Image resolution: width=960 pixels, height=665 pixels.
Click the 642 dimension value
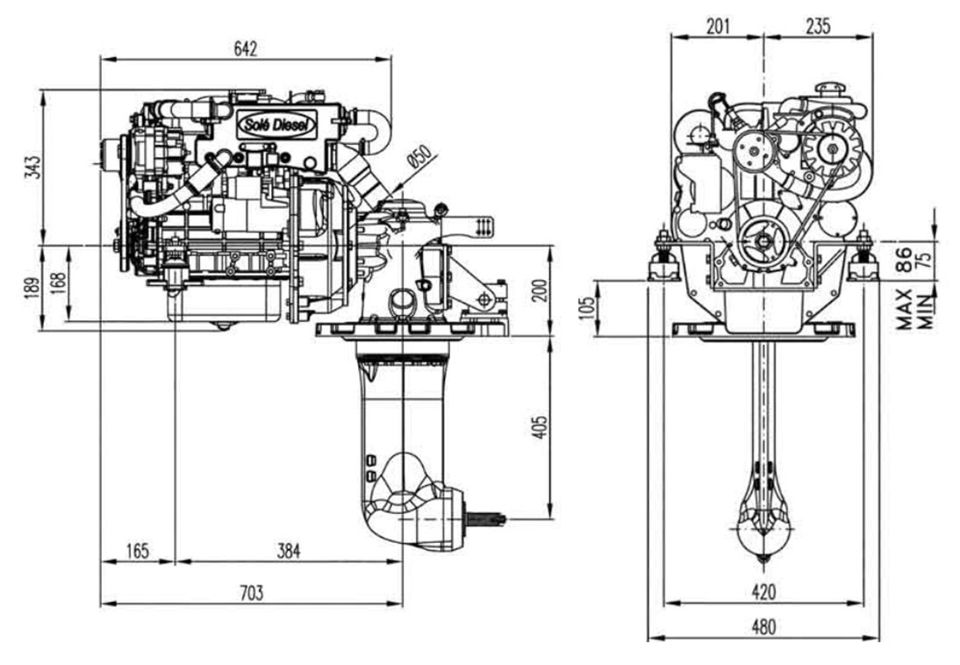[x=246, y=48]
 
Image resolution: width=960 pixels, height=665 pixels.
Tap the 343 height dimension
[x=33, y=167]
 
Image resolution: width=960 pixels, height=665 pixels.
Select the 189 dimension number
[x=33, y=289]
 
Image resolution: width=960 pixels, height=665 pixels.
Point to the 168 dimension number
[x=58, y=282]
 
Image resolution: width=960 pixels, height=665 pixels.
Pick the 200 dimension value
[x=540, y=290]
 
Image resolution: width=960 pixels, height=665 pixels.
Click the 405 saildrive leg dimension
[x=540, y=426]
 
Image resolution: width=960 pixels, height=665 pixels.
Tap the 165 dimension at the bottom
[x=137, y=550]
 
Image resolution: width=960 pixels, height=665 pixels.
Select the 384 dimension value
[x=289, y=550]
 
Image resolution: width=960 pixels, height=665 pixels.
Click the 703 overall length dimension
[x=251, y=592]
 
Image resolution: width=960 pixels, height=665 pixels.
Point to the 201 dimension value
[x=718, y=25]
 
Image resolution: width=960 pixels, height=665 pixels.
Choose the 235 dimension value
[x=818, y=25]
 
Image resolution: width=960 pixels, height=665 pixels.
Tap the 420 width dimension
[x=763, y=591]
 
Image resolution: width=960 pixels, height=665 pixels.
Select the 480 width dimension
[x=763, y=626]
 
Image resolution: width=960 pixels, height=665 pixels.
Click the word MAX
[x=906, y=309]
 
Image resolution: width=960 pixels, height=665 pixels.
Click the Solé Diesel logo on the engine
[x=277, y=125]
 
